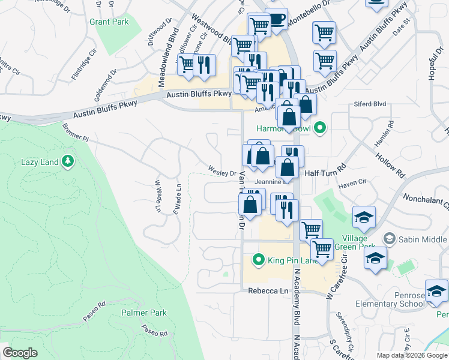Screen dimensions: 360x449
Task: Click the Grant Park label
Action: click(109, 22)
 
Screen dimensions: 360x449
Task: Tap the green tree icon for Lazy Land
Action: click(68, 161)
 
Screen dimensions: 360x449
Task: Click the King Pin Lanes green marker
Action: click(259, 260)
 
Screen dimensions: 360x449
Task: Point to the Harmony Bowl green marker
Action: click(321, 128)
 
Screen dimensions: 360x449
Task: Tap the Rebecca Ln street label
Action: click(268, 291)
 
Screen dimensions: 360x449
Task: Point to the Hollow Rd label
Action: click(390, 165)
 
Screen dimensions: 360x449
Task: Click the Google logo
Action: click(20, 352)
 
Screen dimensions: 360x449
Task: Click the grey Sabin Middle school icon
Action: click(390, 239)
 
